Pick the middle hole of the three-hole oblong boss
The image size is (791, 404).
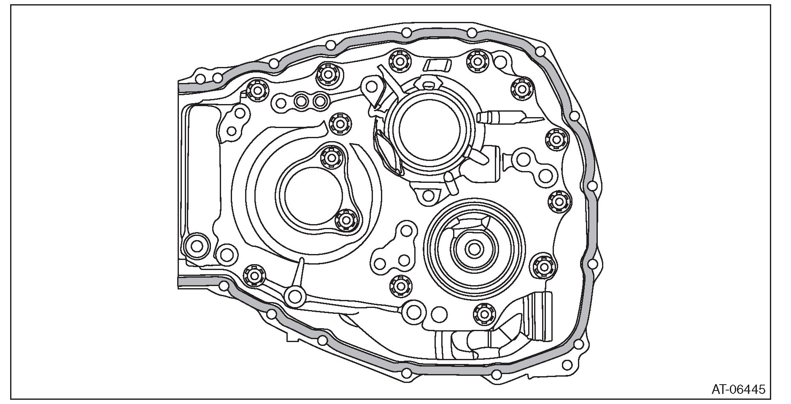point(301,101)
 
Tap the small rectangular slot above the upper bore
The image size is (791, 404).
point(437,64)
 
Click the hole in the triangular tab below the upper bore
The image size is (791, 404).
point(429,195)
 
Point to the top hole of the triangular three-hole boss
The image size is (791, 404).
point(406,230)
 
